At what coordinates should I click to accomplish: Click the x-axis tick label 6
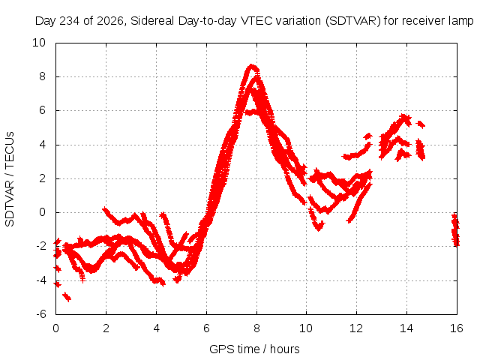(x=207, y=328)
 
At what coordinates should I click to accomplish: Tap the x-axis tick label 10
(x=306, y=328)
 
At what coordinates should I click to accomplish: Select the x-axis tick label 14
(x=406, y=328)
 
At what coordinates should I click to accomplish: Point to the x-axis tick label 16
(x=457, y=328)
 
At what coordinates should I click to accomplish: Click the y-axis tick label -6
(x=41, y=314)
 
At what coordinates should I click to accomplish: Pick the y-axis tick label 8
(x=43, y=76)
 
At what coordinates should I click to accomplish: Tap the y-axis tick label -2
(x=41, y=246)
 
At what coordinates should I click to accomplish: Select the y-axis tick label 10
(x=39, y=43)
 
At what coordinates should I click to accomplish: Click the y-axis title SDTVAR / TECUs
(x=10, y=179)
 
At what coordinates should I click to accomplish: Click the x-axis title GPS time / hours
(x=254, y=349)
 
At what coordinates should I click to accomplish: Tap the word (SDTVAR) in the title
(x=353, y=21)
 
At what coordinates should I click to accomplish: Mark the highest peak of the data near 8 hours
(x=252, y=66)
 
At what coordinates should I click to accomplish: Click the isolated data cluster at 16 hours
(x=455, y=229)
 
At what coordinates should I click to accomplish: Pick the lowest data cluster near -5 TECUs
(x=67, y=296)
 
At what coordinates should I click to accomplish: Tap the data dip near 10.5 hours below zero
(x=319, y=226)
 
